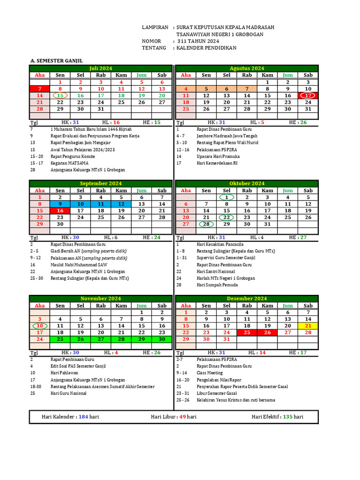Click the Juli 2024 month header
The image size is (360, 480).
click(101, 68)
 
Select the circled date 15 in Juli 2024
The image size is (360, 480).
click(60, 95)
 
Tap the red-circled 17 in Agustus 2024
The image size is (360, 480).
click(308, 95)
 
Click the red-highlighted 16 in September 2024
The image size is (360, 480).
click(60, 211)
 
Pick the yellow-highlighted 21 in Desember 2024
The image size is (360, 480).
click(308, 326)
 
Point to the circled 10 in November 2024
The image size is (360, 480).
click(40, 326)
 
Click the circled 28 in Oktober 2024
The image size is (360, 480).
click(206, 224)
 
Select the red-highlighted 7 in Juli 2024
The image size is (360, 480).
click(40, 89)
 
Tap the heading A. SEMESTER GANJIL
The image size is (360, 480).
click(56, 61)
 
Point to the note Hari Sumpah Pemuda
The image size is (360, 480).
click(217, 285)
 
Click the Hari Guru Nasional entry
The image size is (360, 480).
click(68, 393)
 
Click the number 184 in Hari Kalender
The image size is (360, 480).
click(83, 417)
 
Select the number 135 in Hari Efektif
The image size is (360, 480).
click(287, 417)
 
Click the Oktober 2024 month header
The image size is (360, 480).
click(247, 183)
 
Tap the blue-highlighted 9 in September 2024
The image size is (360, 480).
click(60, 204)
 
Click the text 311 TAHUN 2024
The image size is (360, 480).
click(198, 41)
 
